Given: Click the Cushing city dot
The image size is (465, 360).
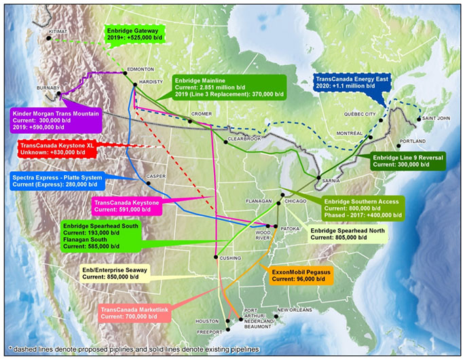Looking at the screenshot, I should click(216, 257).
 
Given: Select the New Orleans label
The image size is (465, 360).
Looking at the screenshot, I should click(294, 310).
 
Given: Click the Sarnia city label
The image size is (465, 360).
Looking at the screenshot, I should click(327, 183).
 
